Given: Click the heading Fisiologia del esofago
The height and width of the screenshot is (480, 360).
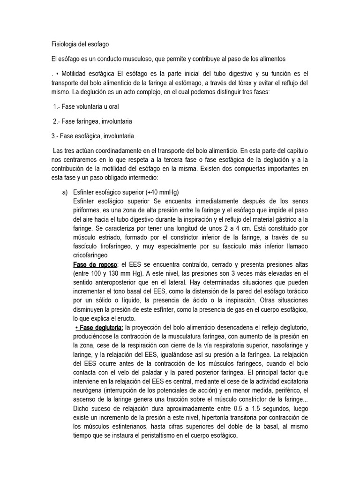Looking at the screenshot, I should pyautogui.click(x=80, y=45).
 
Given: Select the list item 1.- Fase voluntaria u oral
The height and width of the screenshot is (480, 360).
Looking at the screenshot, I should pyautogui.click(x=86, y=107).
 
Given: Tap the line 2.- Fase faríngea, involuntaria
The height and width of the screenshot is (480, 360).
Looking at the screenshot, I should pyautogui.click(x=92, y=121).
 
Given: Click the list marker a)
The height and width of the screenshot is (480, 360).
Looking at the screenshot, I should pyautogui.click(x=65, y=193).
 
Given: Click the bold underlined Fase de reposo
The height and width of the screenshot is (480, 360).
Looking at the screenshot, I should pyautogui.click(x=95, y=264).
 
